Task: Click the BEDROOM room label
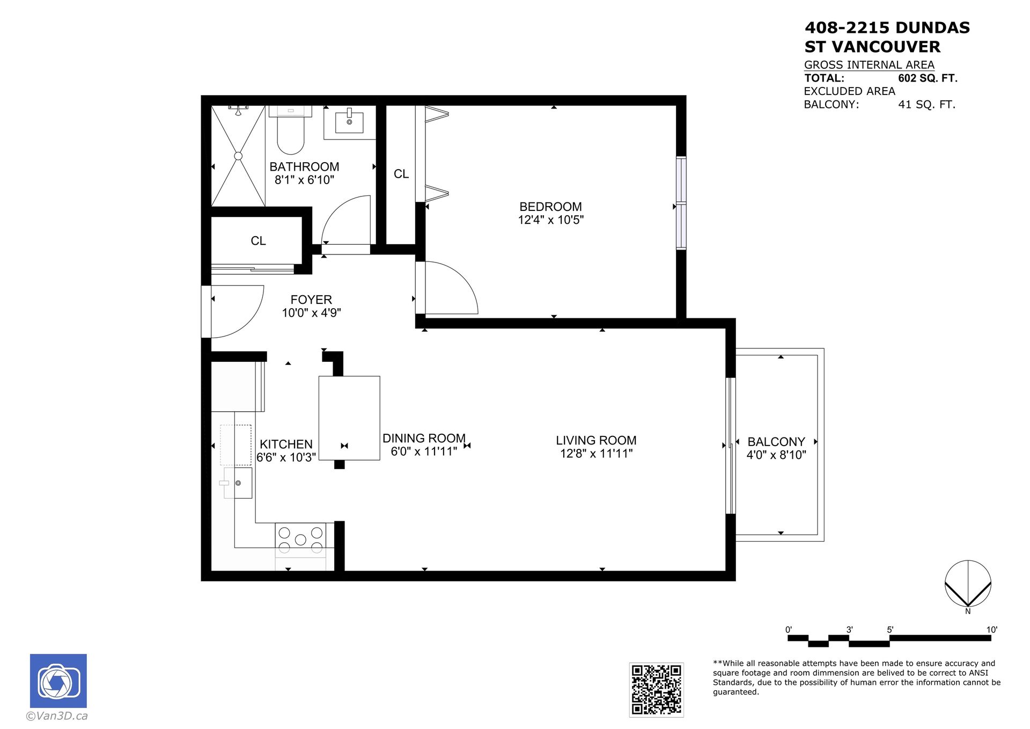tap(550, 207)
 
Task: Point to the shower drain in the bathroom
tap(238, 156)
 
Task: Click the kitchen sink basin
tap(238, 483)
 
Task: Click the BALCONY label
tap(776, 442)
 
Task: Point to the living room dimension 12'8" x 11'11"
tap(596, 454)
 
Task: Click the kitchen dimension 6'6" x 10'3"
tap(286, 457)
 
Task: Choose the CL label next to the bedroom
tap(401, 174)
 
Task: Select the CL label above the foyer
tap(258, 241)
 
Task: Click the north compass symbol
tap(968, 584)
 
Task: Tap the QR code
tap(656, 690)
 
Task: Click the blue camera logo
tap(58, 681)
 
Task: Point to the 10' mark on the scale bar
tap(991, 630)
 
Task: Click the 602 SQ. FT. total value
tap(928, 78)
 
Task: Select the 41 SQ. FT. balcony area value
tap(926, 105)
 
